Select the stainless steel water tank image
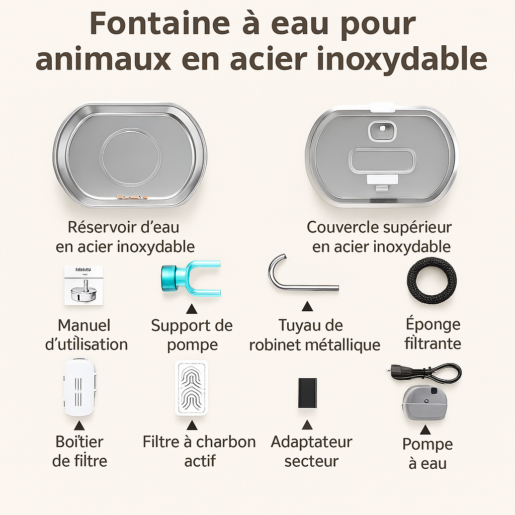[x=130, y=155]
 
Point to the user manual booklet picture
[x=83, y=285]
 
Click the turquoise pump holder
[x=191, y=277]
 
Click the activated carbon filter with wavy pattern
[x=192, y=388]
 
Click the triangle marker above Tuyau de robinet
[x=307, y=306]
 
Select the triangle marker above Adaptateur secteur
[x=307, y=425]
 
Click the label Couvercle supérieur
[x=379, y=227]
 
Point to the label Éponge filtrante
[x=433, y=334]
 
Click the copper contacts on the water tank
[x=131, y=197]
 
